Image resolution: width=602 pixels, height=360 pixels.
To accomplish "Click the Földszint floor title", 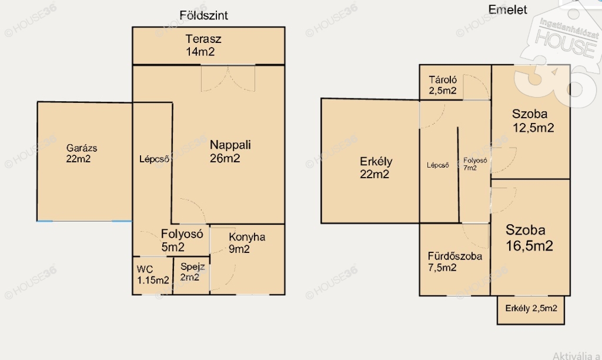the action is [x=203, y=15].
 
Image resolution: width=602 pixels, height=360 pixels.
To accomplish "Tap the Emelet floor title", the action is [x=507, y=9].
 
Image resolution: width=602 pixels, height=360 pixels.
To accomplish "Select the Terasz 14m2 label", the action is [x=203, y=45].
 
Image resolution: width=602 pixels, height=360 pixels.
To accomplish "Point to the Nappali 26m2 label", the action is [x=230, y=151].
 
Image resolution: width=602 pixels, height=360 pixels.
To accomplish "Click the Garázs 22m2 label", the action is [x=81, y=154].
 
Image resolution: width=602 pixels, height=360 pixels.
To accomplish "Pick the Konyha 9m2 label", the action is [x=247, y=243].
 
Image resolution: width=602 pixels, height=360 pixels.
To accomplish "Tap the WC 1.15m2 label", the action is [x=153, y=275].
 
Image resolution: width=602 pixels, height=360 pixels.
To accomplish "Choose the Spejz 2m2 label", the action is [x=192, y=272].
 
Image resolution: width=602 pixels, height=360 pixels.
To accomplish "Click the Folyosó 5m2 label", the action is [x=182, y=240].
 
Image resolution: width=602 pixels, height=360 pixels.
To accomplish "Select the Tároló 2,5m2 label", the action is [x=443, y=85].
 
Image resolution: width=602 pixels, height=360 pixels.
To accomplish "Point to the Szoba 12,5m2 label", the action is [x=533, y=121].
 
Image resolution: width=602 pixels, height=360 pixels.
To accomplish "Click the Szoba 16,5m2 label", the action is [x=529, y=238].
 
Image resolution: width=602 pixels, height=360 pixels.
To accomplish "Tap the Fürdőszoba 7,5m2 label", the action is [x=455, y=262].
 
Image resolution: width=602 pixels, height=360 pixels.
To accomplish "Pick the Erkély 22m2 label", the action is [x=376, y=168].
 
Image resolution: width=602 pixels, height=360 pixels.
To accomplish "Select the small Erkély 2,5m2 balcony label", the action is [x=531, y=308].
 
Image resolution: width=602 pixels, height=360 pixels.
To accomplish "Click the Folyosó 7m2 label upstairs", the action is [x=475, y=164].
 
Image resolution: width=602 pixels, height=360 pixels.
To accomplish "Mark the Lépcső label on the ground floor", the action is [x=154, y=159].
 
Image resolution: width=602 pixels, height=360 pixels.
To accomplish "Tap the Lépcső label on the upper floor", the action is [x=437, y=165].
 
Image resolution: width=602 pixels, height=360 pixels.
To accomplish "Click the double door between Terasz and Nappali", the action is [x=228, y=78].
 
